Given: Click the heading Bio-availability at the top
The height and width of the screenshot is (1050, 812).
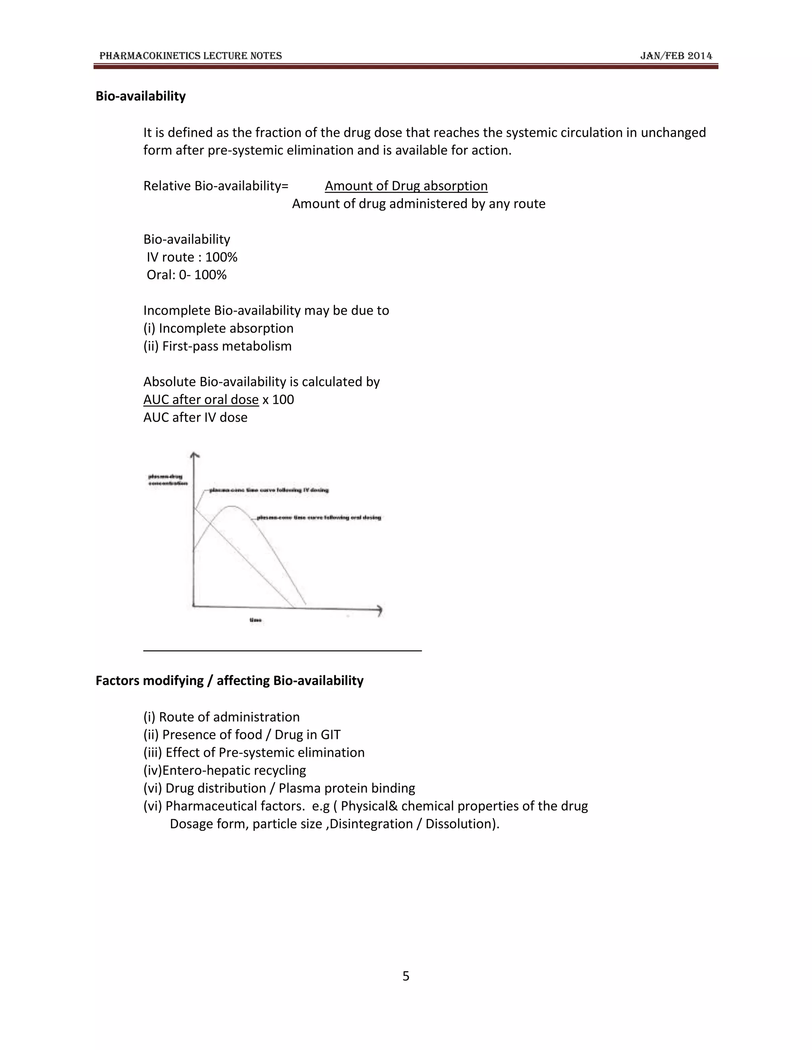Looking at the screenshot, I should (x=140, y=96).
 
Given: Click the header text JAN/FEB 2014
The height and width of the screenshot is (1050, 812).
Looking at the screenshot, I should (x=676, y=56).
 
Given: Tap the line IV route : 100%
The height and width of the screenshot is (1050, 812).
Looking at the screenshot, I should (x=192, y=257).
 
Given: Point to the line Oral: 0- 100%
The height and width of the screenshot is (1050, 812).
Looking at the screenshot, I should (x=187, y=275).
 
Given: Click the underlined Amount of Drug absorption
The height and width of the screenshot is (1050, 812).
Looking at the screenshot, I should (x=406, y=186).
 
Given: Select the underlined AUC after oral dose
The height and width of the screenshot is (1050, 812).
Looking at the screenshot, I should (x=201, y=399).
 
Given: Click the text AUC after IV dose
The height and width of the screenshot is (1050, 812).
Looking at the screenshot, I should (x=195, y=417).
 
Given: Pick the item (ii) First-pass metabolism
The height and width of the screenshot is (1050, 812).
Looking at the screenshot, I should (x=217, y=346).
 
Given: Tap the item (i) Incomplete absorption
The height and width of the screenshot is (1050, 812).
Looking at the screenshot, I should (x=218, y=328).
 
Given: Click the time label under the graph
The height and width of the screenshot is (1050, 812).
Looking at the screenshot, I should (x=255, y=620).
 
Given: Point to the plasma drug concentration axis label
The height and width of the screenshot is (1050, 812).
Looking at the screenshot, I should (x=167, y=480).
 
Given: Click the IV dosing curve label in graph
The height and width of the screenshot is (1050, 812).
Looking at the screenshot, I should (x=269, y=490).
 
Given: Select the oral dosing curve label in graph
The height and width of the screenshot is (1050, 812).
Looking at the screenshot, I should (x=318, y=518).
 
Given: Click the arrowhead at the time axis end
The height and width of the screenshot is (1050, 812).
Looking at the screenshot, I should (x=379, y=610).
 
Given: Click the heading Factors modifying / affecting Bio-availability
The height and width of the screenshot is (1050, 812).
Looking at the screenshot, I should (x=230, y=681).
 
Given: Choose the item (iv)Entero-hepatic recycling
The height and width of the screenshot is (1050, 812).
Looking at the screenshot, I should (x=225, y=770).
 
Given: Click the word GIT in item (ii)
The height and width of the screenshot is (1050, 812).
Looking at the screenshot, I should (x=331, y=735).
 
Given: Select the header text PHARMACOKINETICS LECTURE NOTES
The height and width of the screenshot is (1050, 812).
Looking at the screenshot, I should (x=190, y=56).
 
